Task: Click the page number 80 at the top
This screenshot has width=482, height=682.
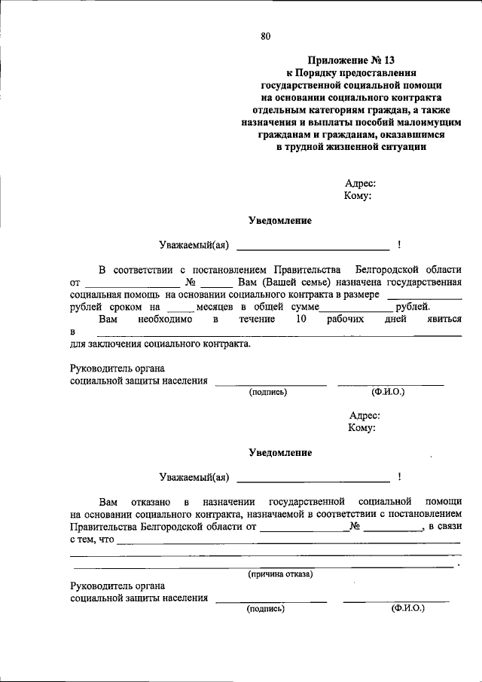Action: [x=264, y=36]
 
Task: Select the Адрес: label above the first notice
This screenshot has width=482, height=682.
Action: [x=360, y=183]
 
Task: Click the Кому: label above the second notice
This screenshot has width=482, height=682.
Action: [x=361, y=427]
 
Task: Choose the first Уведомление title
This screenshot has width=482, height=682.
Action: [x=280, y=221]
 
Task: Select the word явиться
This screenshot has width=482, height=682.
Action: [x=444, y=320]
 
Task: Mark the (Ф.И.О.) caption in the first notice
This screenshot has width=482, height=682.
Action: [x=389, y=392]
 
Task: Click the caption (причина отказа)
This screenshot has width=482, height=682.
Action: [x=281, y=573]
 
